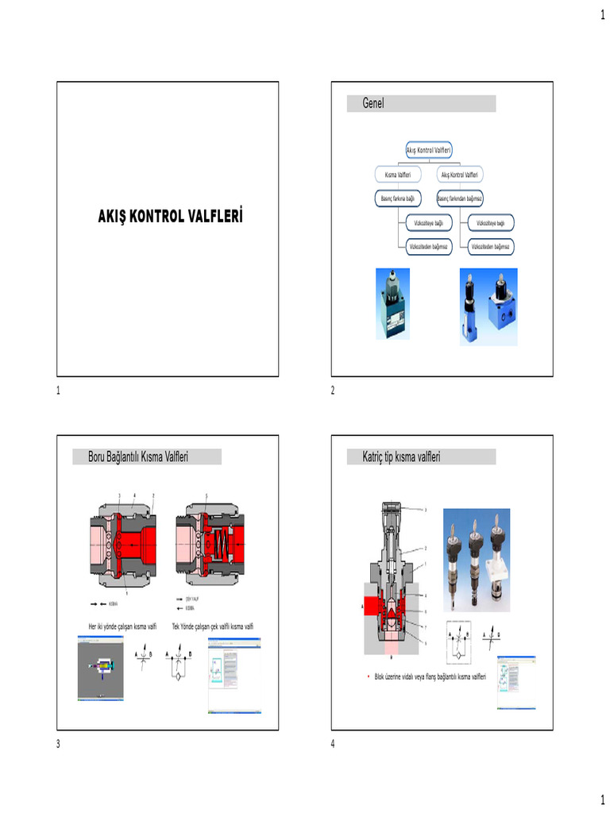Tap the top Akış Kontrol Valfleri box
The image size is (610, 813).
pyautogui.click(x=429, y=149)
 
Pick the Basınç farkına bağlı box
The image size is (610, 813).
pyautogui.click(x=398, y=198)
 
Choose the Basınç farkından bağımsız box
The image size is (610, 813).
pyautogui.click(x=460, y=198)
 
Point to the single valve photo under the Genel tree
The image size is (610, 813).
pyautogui.click(x=392, y=303)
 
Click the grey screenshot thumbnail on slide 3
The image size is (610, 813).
pyautogui.click(x=101, y=672)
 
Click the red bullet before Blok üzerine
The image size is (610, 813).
pyautogui.click(x=357, y=676)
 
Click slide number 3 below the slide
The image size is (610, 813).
pyautogui.click(x=58, y=743)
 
